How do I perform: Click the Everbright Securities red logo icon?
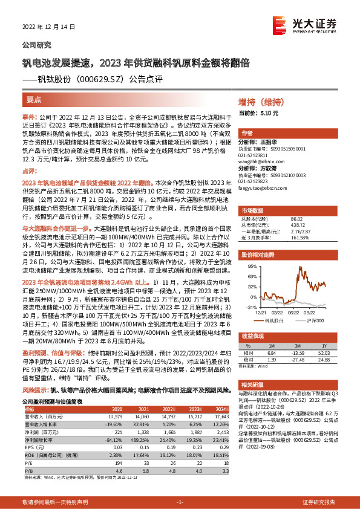click(303, 24)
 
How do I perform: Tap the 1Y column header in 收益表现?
click(324, 343)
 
